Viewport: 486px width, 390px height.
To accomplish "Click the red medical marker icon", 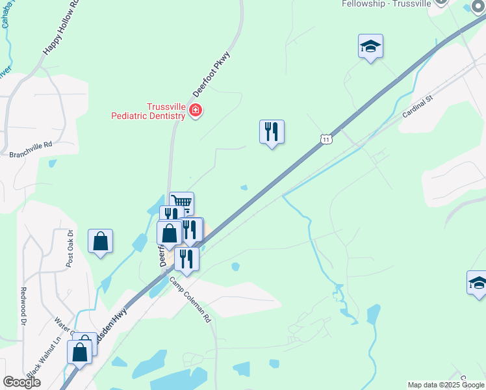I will tap(194, 112).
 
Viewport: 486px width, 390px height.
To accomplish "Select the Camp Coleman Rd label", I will tap(191, 301).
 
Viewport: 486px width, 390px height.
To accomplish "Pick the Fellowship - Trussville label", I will tap(387, 3).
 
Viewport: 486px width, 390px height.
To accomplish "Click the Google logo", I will tap(21, 382).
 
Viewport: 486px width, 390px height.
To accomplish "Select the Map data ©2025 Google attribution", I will tap(446, 385).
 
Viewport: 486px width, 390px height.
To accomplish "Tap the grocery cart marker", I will tap(182, 203).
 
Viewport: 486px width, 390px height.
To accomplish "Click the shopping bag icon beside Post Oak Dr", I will tap(101, 241).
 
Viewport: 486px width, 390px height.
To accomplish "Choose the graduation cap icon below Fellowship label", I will tap(370, 46).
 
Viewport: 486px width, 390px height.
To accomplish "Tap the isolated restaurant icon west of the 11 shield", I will tap(272, 131).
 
